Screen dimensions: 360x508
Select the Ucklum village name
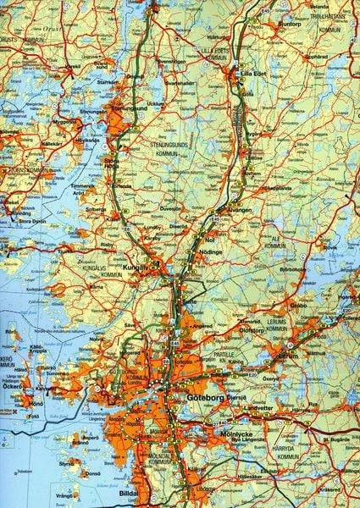pos(155,103)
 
